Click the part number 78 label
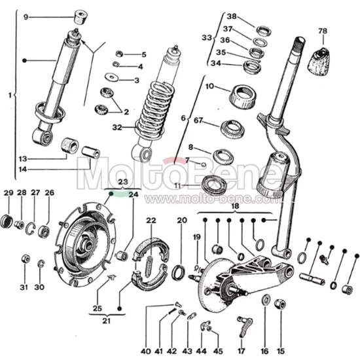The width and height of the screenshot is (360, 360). point(322,31)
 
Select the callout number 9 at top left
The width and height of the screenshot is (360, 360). point(26,16)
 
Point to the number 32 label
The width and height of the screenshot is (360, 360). point(117,127)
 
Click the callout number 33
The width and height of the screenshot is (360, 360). point(207,39)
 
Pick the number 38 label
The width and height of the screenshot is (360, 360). point(231,16)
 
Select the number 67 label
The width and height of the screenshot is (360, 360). point(198,120)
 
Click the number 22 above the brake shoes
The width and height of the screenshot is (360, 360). point(151,220)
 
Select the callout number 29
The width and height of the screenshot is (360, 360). point(8,192)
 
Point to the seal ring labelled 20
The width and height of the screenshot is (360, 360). point(179,272)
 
